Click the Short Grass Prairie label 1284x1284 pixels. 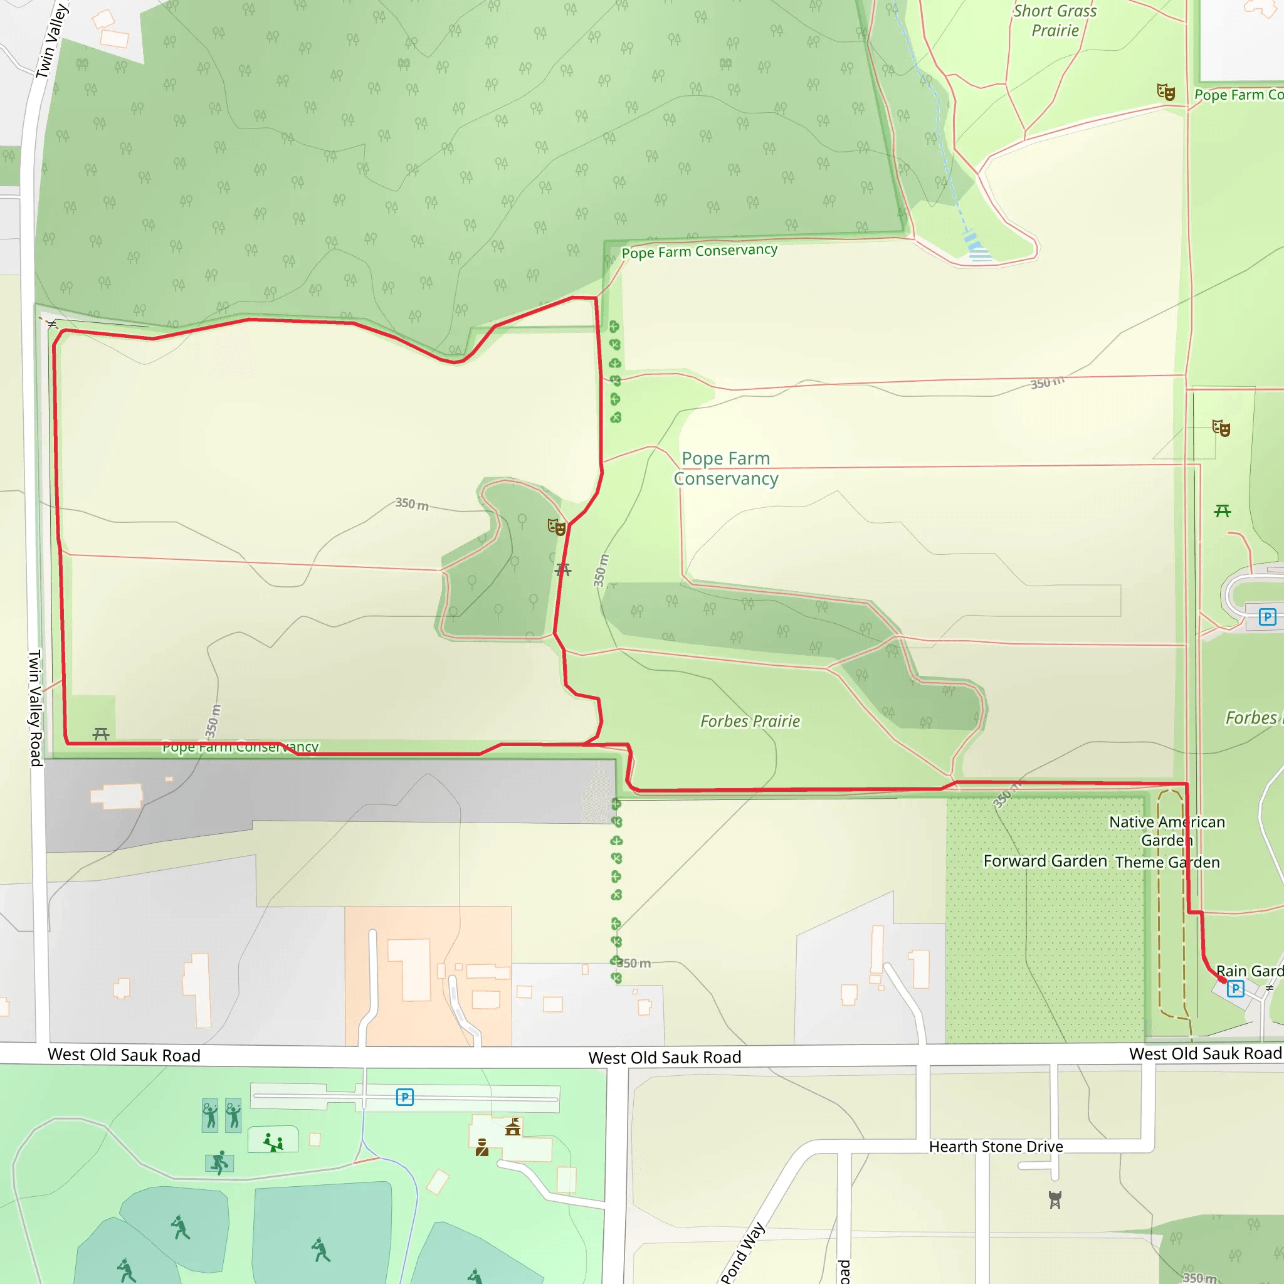tap(1055, 21)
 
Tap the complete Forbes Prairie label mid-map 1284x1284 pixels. tap(750, 721)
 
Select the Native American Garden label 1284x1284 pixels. tap(1166, 831)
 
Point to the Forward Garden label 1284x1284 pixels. tap(1045, 861)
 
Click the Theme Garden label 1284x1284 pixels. tap(1167, 862)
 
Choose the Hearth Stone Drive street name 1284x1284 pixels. tap(996, 1147)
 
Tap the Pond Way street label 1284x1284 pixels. tap(743, 1252)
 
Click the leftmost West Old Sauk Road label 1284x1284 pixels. tap(124, 1055)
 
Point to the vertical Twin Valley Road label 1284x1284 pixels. tap(35, 708)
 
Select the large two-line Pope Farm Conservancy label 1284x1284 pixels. tap(726, 468)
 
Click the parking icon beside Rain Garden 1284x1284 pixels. tap(1236, 988)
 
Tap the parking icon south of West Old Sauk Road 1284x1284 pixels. tap(405, 1097)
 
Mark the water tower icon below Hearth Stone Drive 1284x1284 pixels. tap(1055, 1199)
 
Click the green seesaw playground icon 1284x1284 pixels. tap(273, 1142)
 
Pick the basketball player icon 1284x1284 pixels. tap(219, 1162)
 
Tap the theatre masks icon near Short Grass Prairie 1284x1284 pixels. tap(1166, 92)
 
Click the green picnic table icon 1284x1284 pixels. tap(1222, 510)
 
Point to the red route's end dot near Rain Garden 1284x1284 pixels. tap(1223, 980)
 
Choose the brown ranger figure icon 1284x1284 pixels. tap(482, 1147)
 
